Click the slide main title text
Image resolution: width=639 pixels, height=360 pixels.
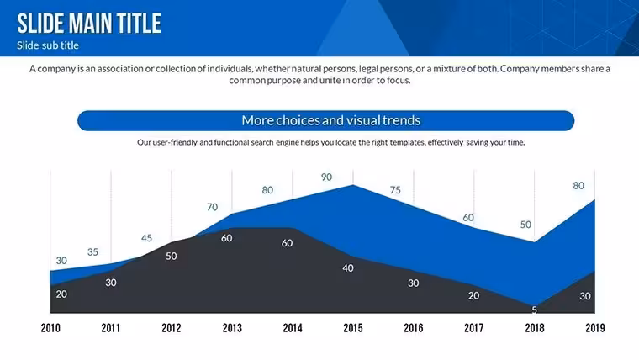pos(89,24)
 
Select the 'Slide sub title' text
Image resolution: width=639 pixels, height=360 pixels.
pos(48,45)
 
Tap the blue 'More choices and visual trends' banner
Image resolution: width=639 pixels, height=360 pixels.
pos(325,120)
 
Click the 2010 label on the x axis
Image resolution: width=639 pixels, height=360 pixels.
pos(50,328)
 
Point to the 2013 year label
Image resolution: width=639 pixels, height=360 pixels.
pos(232,328)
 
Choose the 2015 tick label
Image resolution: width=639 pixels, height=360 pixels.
pos(353,328)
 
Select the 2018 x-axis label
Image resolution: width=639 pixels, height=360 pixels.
pos(534,328)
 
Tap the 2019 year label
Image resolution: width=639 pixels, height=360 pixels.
pos(595,328)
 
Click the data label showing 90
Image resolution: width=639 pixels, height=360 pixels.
pos(326,177)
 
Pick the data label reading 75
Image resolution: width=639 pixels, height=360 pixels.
pos(395,190)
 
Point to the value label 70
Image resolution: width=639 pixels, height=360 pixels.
pos(213,207)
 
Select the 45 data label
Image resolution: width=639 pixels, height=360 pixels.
pos(146,238)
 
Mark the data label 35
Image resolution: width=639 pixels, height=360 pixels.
pos(93,252)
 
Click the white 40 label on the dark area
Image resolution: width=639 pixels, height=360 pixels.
pos(348,268)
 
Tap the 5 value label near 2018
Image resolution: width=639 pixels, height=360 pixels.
pos(534,310)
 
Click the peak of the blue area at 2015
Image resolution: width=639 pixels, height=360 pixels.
pos(353,185)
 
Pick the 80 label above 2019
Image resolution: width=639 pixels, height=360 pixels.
pos(578,186)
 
